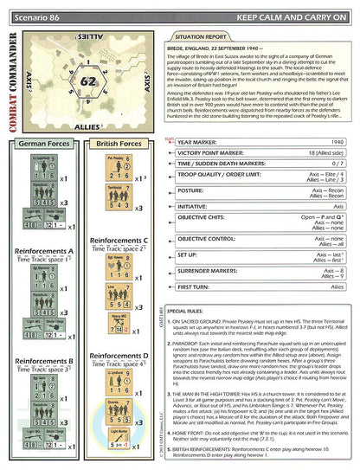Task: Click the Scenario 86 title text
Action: [x=37, y=9]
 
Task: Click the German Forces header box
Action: [x=45, y=143]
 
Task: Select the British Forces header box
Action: [x=118, y=143]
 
